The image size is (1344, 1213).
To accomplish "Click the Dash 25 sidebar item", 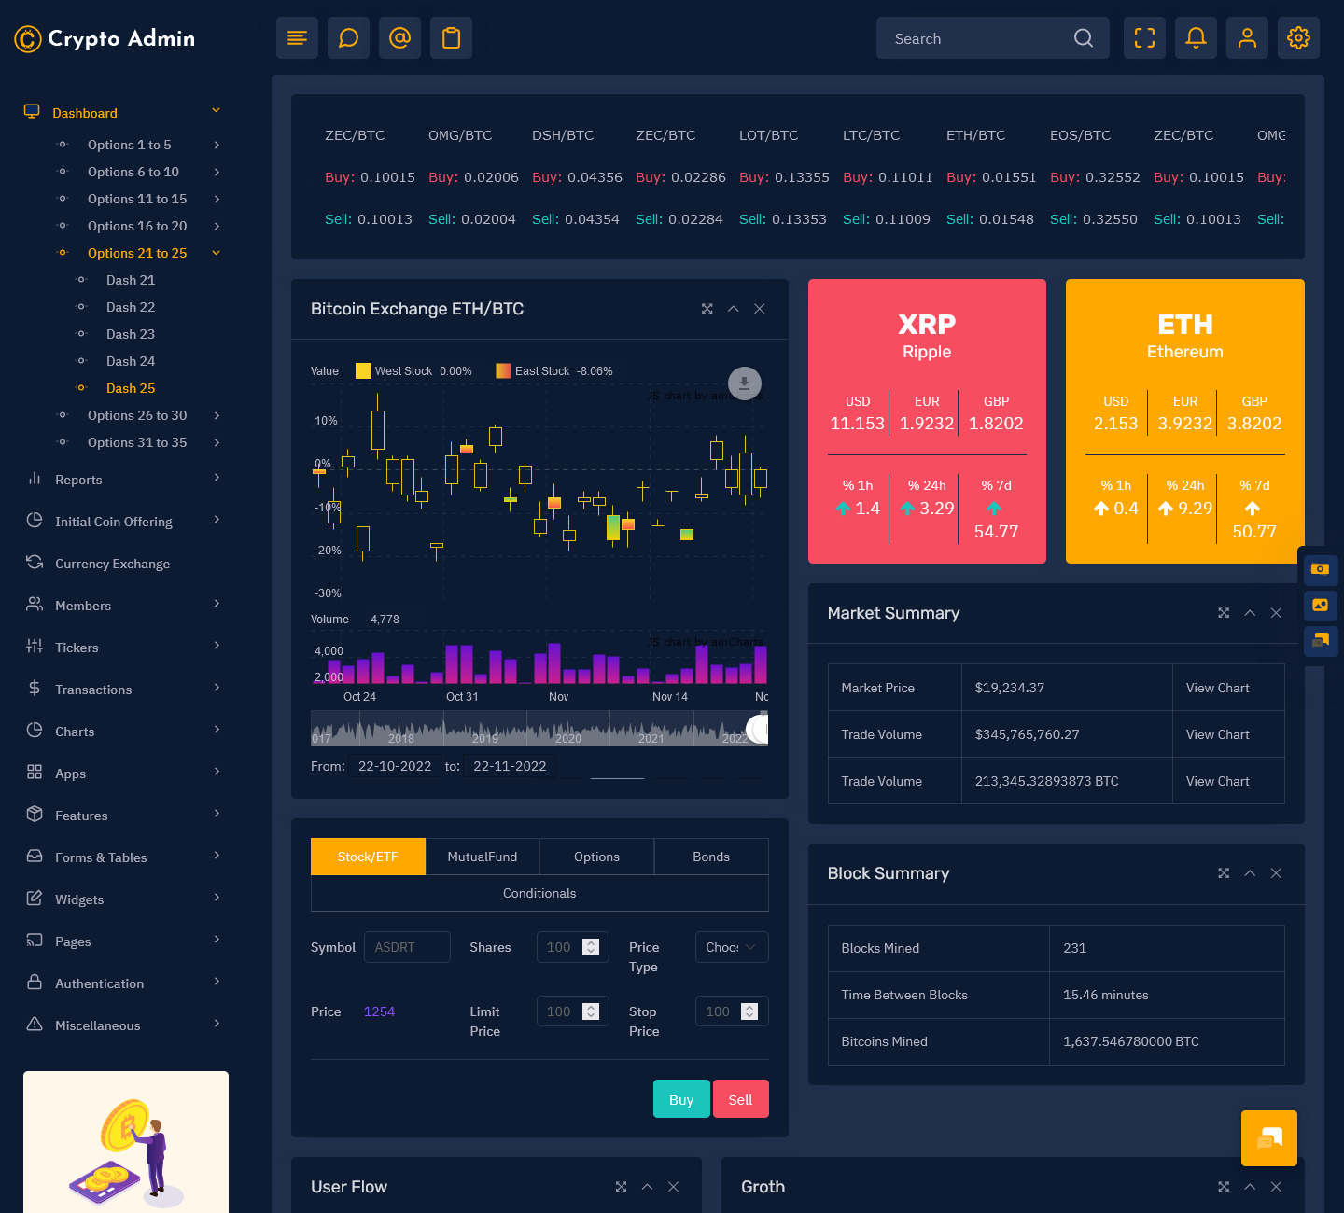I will pyautogui.click(x=131, y=388).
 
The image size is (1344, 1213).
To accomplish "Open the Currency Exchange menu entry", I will pyautogui.click(x=112, y=564).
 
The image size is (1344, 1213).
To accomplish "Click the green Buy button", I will pyautogui.click(x=681, y=1099).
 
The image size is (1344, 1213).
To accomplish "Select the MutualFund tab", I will pyautogui.click(x=482, y=857).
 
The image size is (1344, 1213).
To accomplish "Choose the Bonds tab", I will pyautogui.click(x=711, y=857).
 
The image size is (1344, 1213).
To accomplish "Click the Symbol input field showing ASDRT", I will pyautogui.click(x=407, y=947).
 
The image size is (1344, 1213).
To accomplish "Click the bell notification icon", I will pyautogui.click(x=1196, y=38).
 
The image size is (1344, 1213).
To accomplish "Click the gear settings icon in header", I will pyautogui.click(x=1298, y=38).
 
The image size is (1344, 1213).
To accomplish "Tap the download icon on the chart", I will pyautogui.click(x=745, y=383).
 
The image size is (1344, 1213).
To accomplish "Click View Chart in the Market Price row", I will pyautogui.click(x=1217, y=688).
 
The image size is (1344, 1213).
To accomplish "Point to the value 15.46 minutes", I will pyautogui.click(x=1105, y=995).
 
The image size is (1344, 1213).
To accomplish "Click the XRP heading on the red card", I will pyautogui.click(x=927, y=325).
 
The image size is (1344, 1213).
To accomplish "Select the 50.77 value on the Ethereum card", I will pyautogui.click(x=1253, y=532).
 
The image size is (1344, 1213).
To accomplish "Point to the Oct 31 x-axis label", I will pyautogui.click(x=462, y=697).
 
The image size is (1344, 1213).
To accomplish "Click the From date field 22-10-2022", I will pyautogui.click(x=395, y=766).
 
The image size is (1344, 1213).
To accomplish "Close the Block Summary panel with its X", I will pyautogui.click(x=1276, y=873).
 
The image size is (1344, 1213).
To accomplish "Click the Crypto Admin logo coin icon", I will pyautogui.click(x=28, y=39).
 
